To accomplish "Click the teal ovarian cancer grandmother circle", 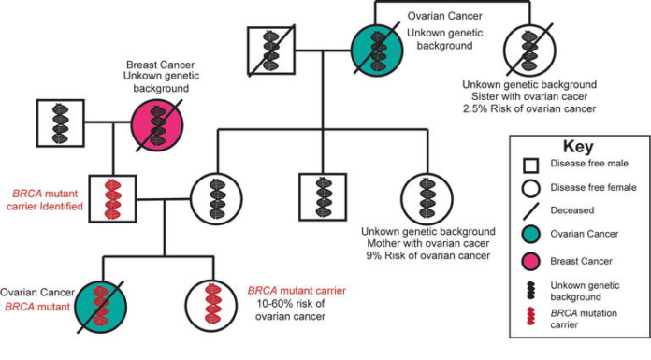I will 377,45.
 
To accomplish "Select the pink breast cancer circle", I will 156,122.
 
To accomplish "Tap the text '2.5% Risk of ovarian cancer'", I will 528,109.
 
